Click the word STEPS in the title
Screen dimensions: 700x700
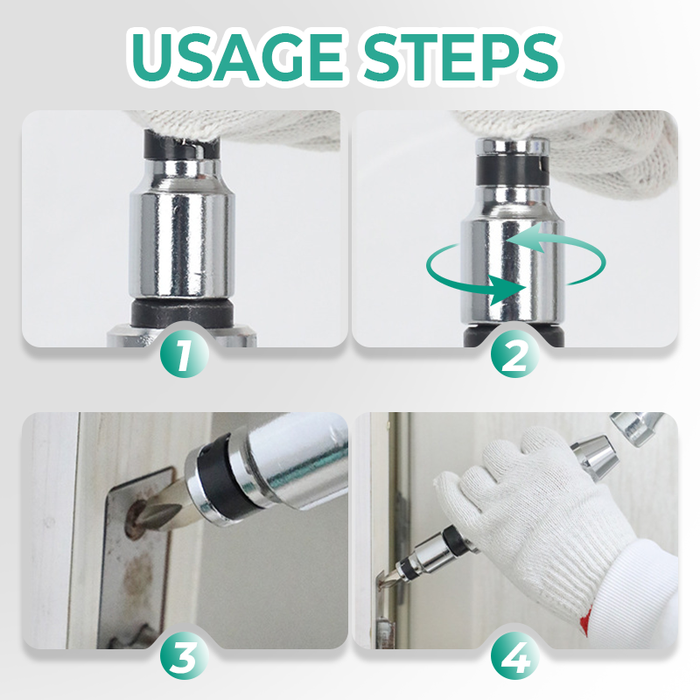tap(461, 57)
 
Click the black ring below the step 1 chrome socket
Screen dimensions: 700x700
tap(182, 311)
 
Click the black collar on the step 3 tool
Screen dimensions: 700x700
tap(222, 482)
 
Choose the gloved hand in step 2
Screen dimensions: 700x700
tap(580, 147)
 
